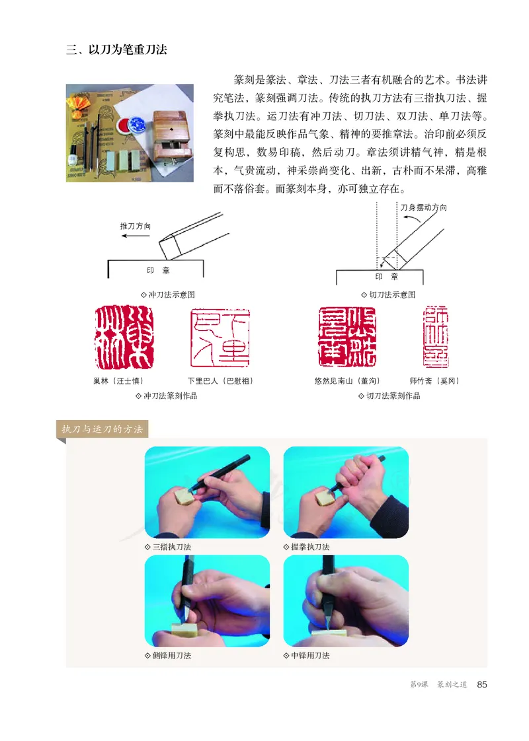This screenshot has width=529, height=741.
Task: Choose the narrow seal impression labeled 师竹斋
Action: point(436,337)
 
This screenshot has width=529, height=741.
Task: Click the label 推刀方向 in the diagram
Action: point(136,226)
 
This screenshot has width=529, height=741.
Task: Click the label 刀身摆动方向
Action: point(424,207)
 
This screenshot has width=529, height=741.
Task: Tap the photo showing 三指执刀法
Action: point(207,493)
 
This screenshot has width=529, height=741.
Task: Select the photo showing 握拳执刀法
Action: point(346,493)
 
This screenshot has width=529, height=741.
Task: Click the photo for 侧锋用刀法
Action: point(207,601)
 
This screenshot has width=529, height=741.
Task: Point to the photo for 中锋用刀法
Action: point(346,601)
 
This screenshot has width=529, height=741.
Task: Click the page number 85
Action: point(482,685)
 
